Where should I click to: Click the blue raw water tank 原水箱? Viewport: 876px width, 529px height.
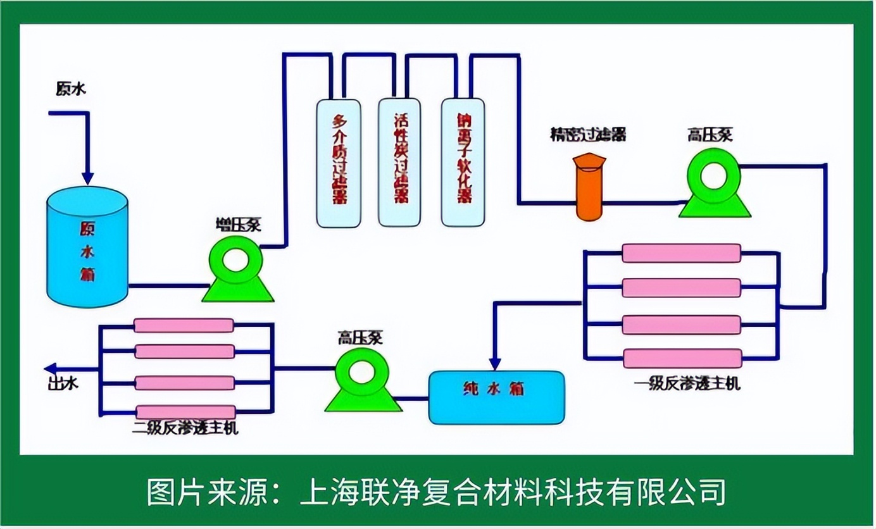click(88, 250)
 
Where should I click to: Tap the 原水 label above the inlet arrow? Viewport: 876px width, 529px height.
click(70, 90)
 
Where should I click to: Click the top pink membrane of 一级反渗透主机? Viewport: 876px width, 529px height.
click(681, 253)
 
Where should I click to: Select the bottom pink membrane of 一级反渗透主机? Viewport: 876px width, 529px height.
click(681, 358)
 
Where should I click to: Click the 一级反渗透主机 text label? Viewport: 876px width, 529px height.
click(686, 383)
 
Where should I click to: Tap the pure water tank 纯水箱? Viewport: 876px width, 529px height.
click(496, 397)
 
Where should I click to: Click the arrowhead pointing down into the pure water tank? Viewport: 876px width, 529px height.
click(495, 363)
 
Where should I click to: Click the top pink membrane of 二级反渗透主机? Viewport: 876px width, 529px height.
click(184, 325)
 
